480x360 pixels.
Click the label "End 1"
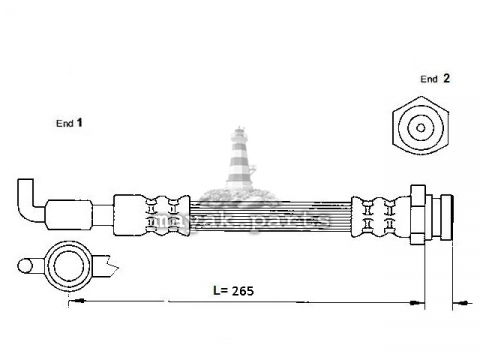(x=69, y=123)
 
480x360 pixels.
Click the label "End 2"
(x=435, y=79)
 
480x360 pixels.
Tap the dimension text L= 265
(x=233, y=291)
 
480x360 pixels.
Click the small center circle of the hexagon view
(x=421, y=128)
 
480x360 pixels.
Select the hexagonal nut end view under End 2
(x=421, y=125)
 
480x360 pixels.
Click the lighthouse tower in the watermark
(x=241, y=158)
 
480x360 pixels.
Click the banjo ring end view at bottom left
(x=68, y=265)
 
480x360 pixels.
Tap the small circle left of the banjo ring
(x=25, y=266)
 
